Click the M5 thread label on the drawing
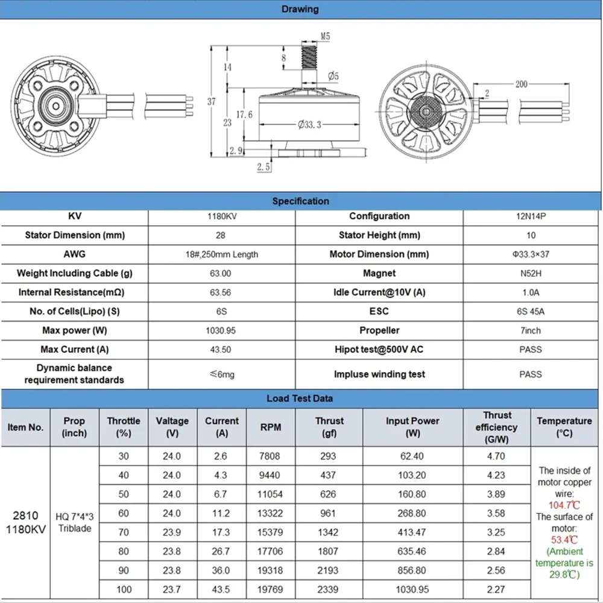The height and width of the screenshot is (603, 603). [x=325, y=37]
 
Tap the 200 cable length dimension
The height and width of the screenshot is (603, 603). [x=521, y=84]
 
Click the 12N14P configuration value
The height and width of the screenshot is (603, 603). [x=531, y=216]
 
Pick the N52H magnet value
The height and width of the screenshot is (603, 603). [x=531, y=273]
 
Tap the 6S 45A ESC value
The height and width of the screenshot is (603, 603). [x=531, y=311]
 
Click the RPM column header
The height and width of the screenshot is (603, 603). [x=270, y=427]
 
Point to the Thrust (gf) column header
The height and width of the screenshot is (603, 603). [x=329, y=427]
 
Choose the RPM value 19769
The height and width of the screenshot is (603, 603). [x=270, y=589]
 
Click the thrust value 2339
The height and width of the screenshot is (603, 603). [x=329, y=589]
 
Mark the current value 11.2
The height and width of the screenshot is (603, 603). [x=221, y=513]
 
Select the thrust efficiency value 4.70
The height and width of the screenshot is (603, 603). [x=496, y=456]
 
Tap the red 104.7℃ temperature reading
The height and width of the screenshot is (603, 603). [x=564, y=505]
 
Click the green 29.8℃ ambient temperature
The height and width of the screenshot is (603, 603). [x=564, y=575]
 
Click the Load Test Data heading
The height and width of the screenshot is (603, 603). [x=300, y=399]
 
